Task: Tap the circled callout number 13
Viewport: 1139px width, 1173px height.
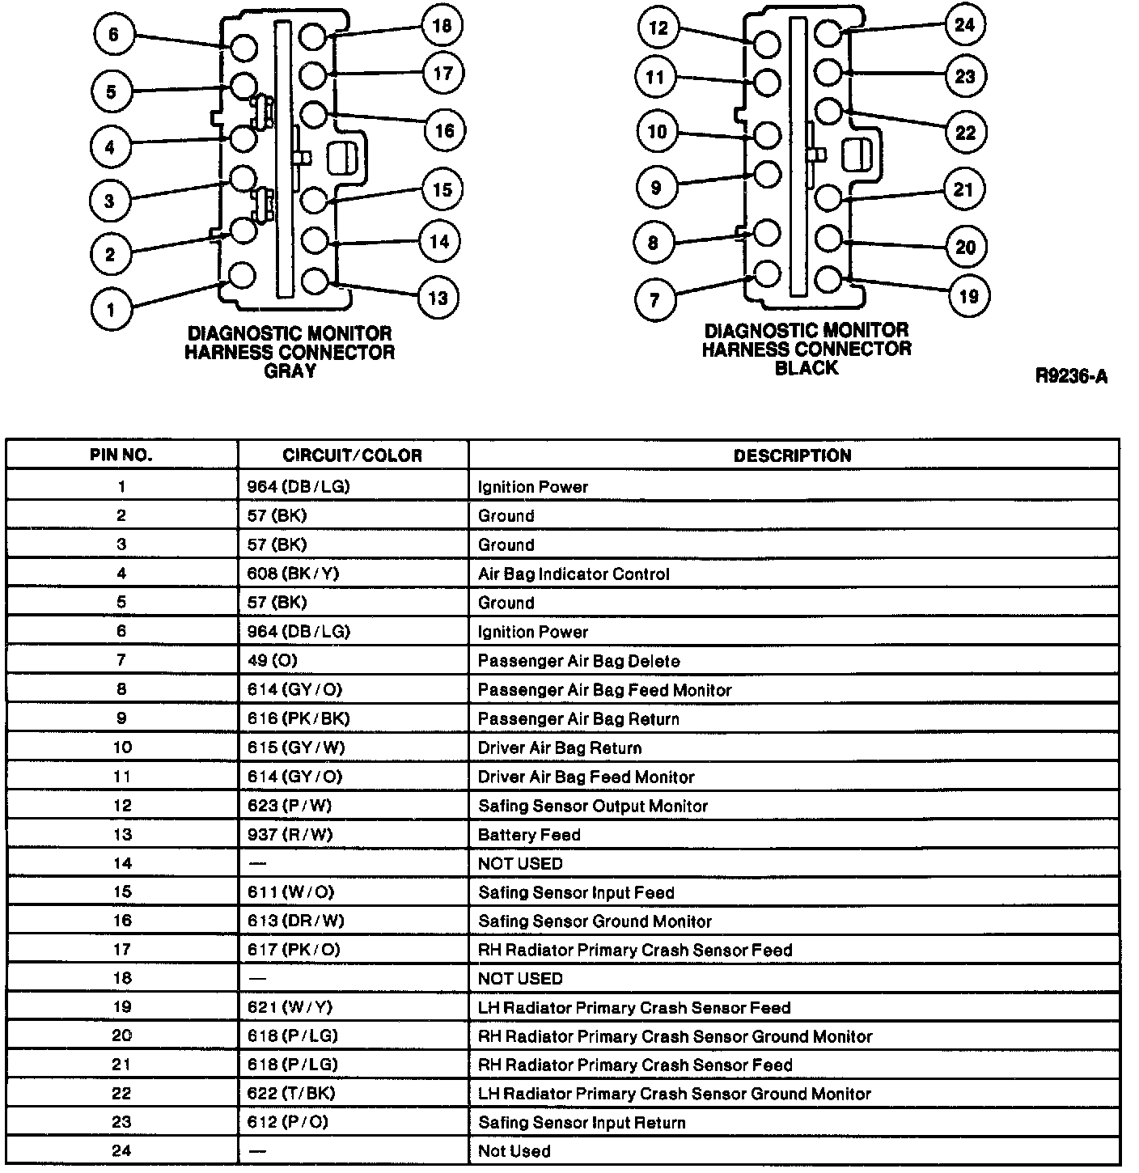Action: coord(438,298)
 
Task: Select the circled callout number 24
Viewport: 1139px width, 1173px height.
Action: coord(964,25)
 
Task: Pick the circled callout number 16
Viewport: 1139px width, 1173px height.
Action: coord(444,130)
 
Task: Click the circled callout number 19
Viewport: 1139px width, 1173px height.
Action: coord(968,297)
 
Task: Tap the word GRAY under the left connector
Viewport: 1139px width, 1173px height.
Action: coord(290,371)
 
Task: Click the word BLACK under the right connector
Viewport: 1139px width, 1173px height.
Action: coord(806,368)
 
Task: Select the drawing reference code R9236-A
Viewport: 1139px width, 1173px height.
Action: coord(1071,376)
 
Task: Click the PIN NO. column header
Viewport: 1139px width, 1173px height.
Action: coord(121,455)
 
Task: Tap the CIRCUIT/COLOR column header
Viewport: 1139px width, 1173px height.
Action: coord(352,455)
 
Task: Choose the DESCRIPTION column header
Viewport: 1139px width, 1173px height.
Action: coord(792,455)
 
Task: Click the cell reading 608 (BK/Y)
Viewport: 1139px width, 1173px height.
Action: coord(293,574)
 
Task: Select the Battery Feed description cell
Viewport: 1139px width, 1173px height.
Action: coord(529,835)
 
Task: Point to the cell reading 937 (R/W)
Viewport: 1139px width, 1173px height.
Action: coord(290,835)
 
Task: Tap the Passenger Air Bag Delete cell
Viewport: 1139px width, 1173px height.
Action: coord(578,661)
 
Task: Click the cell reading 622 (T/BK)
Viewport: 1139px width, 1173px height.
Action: coord(291,1094)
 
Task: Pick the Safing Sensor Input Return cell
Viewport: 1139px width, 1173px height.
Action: coord(582,1123)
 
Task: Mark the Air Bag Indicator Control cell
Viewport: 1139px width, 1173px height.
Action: coord(574,574)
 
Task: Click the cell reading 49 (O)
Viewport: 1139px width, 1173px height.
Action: coord(273,661)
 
